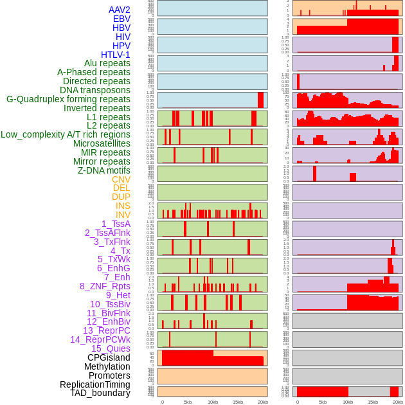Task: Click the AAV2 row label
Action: (x=119, y=10)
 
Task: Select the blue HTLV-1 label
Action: (x=115, y=55)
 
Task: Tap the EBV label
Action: (x=122, y=19)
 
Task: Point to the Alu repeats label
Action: (x=107, y=64)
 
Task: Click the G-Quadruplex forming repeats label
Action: (x=68, y=99)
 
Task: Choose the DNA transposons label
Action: (x=95, y=90)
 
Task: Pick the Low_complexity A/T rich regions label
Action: (x=66, y=134)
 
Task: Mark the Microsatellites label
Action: (x=102, y=143)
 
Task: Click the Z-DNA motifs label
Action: (x=104, y=170)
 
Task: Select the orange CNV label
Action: (x=121, y=179)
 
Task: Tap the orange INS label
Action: (x=123, y=206)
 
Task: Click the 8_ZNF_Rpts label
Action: (x=105, y=286)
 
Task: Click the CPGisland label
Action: (x=109, y=357)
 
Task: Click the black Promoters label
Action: (x=109, y=375)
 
